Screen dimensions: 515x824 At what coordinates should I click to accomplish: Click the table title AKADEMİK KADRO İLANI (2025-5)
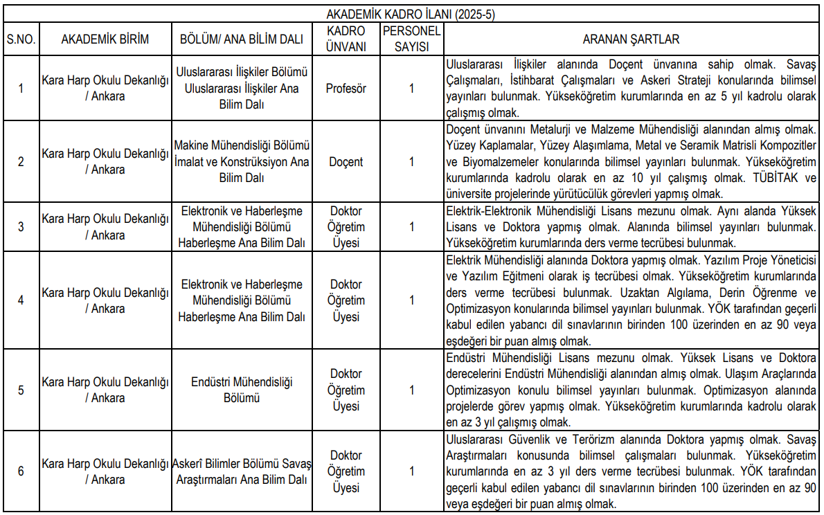pyautogui.click(x=411, y=14)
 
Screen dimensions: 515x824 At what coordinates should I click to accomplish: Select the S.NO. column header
pyautogui.click(x=21, y=39)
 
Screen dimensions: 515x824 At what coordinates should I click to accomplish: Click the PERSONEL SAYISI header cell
pyautogui.click(x=411, y=39)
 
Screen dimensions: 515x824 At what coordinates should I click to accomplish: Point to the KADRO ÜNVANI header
pyautogui.click(x=346, y=39)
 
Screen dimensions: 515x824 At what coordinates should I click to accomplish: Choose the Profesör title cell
pyautogui.click(x=346, y=89)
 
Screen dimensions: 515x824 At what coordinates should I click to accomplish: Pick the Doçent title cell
pyautogui.click(x=346, y=162)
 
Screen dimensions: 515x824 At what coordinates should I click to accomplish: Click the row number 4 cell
pyautogui.click(x=21, y=300)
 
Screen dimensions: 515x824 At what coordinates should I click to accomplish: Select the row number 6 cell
pyautogui.click(x=21, y=471)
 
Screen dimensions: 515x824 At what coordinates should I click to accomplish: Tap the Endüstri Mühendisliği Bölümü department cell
pyautogui.click(x=242, y=390)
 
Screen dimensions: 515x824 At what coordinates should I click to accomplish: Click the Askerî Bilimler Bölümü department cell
pyautogui.click(x=242, y=471)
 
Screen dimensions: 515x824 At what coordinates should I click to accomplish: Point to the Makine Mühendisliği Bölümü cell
pyautogui.click(x=242, y=162)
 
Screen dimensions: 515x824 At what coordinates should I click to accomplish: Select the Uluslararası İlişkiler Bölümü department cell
pyautogui.click(x=242, y=89)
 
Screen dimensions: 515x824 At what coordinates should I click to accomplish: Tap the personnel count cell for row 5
pyautogui.click(x=411, y=390)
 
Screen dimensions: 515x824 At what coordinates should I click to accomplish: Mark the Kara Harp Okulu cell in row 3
pyautogui.click(x=105, y=227)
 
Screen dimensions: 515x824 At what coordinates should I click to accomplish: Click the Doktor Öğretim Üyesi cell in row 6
pyautogui.click(x=346, y=471)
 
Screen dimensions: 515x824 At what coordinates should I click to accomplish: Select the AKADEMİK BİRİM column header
pyautogui.click(x=105, y=39)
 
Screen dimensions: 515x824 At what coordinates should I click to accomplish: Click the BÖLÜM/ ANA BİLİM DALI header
pyautogui.click(x=242, y=39)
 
